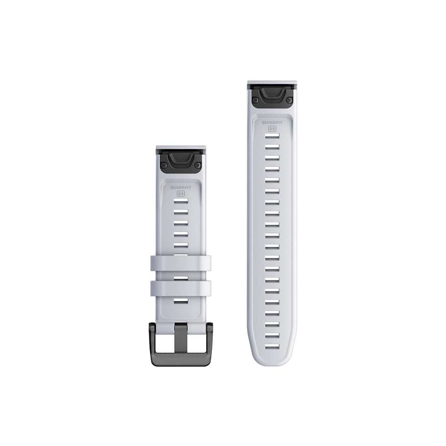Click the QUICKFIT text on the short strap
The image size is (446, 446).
click(x=181, y=188)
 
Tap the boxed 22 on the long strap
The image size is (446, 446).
click(x=273, y=129)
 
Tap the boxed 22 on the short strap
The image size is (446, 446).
click(x=181, y=194)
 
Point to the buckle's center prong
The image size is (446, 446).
click(x=181, y=329)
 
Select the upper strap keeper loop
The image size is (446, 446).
click(x=181, y=263)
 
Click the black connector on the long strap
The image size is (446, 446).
click(x=273, y=98)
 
